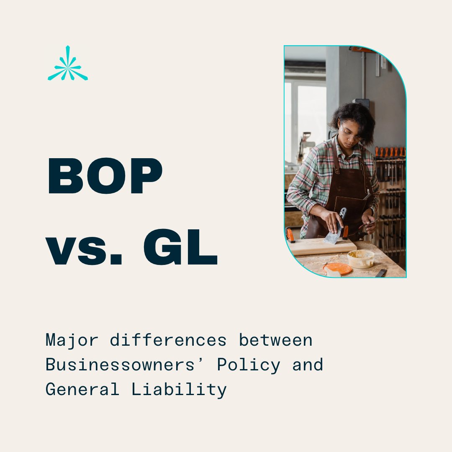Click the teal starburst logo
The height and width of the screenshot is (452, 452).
(x=68, y=64)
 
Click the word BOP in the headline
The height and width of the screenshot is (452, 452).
(x=105, y=176)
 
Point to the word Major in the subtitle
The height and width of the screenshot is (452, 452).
(x=72, y=340)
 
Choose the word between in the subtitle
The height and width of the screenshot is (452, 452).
(x=276, y=340)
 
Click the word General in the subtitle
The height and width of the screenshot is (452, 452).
(x=82, y=390)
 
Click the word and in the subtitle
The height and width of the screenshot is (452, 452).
(x=308, y=365)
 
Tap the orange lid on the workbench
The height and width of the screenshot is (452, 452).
(x=337, y=268)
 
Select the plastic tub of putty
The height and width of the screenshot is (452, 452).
(x=361, y=258)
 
